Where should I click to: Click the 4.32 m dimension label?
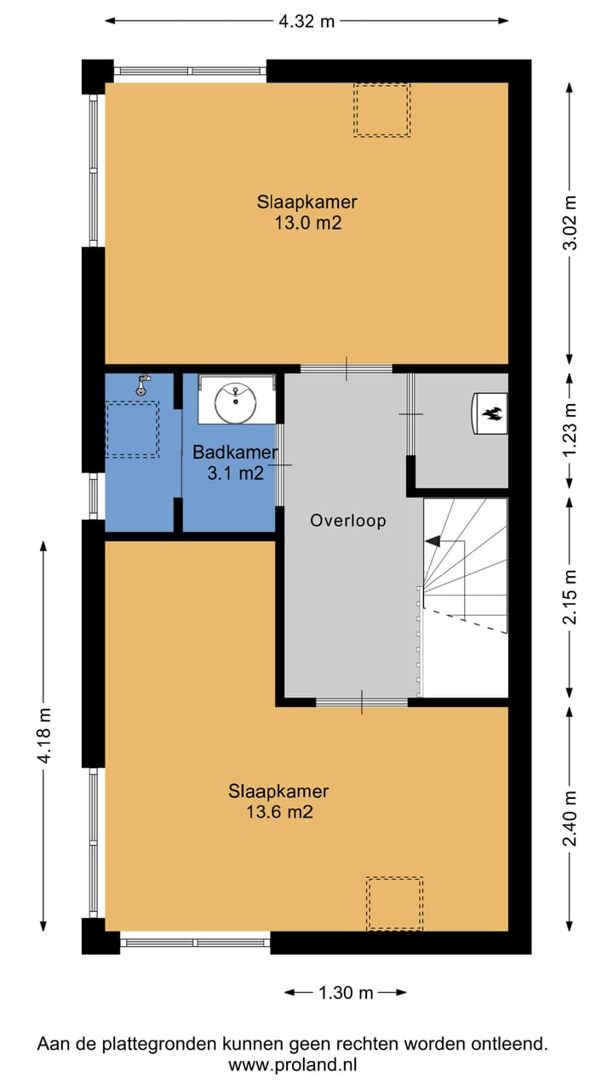click(306, 21)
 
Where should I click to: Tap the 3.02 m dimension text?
click(570, 223)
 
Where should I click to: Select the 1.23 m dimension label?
click(570, 430)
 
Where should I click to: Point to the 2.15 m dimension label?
click(570, 597)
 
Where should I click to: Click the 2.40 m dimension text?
click(570, 819)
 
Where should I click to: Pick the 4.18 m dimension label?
click(43, 736)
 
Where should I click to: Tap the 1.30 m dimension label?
click(346, 993)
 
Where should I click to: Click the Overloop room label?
click(348, 521)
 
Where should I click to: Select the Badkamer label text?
click(236, 453)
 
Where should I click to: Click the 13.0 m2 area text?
click(308, 223)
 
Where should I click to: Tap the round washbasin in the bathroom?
click(236, 402)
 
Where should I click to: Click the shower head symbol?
click(142, 385)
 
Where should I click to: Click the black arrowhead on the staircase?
click(433, 540)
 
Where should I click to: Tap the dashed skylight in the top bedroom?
click(382, 110)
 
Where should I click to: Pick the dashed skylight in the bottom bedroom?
click(394, 904)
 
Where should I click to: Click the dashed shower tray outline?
click(132, 430)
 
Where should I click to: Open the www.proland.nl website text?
click(292, 1065)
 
